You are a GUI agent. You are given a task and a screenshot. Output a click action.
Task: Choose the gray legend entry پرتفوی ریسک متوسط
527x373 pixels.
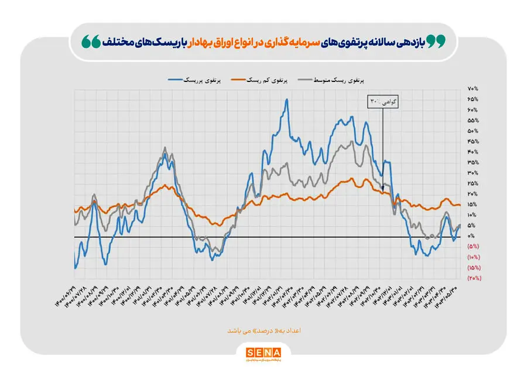coord(336,79)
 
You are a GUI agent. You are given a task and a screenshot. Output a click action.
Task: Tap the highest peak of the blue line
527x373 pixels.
coord(286,100)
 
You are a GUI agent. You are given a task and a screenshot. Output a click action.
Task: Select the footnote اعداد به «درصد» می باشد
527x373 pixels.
coord(263,331)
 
